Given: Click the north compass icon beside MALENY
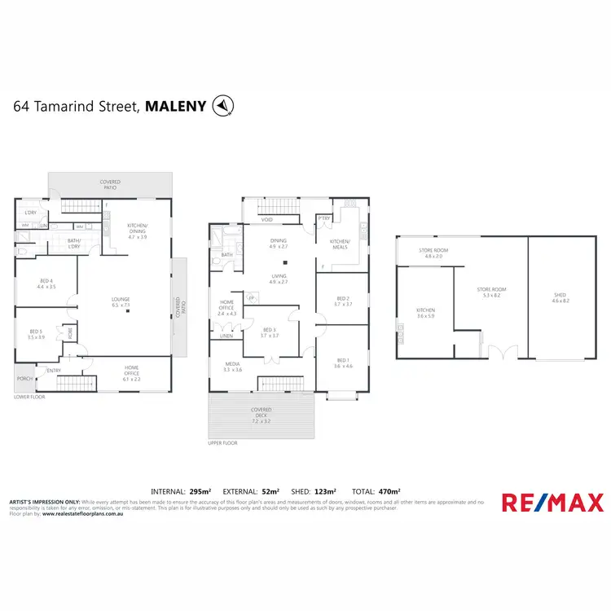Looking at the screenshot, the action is point(222,105).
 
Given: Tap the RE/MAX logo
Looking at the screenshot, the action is point(552,503).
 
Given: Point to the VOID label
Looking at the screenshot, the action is point(266,220).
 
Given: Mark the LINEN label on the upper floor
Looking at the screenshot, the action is point(226,334).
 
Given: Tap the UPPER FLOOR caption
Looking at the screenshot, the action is point(222,443).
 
